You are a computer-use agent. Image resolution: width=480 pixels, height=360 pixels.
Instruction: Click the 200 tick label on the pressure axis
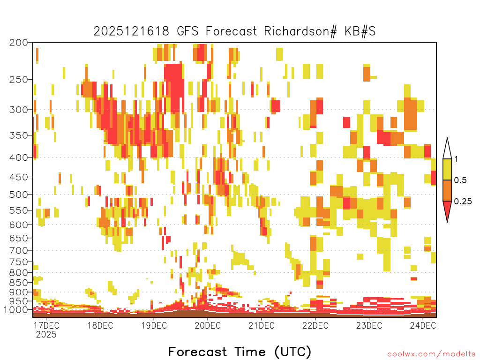[19, 43]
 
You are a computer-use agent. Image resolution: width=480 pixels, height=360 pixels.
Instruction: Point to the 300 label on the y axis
[19, 110]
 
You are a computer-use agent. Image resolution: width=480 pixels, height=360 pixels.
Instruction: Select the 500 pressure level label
[19, 195]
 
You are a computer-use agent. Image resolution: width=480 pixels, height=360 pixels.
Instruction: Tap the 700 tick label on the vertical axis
[19, 250]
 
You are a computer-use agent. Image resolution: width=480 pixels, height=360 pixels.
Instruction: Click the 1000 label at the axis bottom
[16, 309]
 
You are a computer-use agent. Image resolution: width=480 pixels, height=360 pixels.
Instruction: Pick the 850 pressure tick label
[19, 282]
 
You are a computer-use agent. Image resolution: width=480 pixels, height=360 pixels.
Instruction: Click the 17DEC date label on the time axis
[46, 325]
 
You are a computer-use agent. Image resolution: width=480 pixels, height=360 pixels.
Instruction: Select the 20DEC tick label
[208, 325]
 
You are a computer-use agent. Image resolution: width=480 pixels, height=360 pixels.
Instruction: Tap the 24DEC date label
[423, 325]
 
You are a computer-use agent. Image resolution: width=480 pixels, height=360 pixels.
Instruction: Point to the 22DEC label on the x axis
[315, 325]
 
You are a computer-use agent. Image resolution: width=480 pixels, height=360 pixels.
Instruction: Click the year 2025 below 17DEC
[46, 334]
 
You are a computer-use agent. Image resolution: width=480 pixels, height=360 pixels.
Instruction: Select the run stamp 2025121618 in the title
[131, 31]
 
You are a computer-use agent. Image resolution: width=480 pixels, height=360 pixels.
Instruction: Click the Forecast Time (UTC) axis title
[240, 352]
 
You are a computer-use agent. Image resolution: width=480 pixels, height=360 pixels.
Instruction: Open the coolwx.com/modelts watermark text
[431, 354]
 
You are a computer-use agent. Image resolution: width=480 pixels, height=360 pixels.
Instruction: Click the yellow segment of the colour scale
[447, 169]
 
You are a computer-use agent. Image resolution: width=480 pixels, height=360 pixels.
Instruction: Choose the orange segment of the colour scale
[447, 190]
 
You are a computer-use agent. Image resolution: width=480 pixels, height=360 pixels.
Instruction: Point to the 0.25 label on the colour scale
[463, 202]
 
